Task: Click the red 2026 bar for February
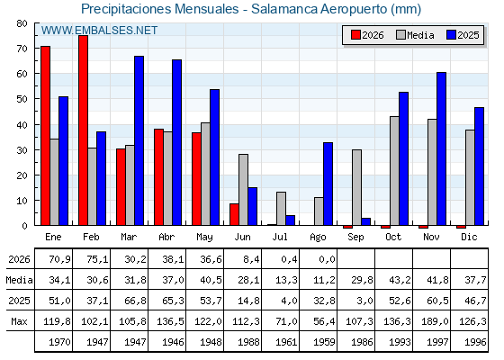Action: point(83,130)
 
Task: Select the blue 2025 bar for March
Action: point(139,140)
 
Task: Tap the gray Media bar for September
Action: point(356,187)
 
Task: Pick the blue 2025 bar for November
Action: point(441,148)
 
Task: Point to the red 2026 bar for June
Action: point(234,214)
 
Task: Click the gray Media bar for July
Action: point(281,209)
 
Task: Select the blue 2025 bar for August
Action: point(328,184)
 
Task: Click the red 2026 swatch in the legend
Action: point(355,35)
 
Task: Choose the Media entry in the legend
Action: point(415,35)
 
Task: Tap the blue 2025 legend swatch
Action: point(451,35)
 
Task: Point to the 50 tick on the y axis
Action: point(22,99)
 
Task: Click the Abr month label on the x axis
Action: point(166,238)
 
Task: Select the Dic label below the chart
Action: point(469,238)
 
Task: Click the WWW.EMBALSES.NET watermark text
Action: point(99,31)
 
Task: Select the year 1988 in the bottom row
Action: point(248,342)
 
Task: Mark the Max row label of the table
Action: point(19,321)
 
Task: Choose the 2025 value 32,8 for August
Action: point(324,301)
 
